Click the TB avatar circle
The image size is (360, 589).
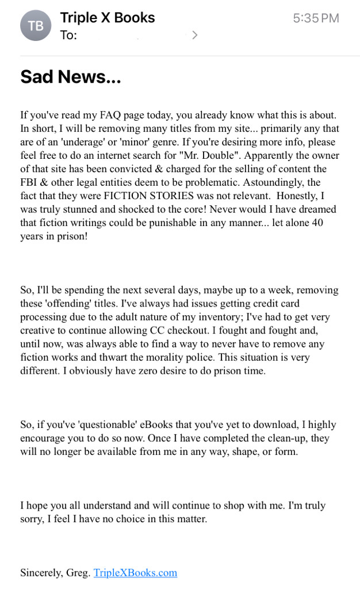36,25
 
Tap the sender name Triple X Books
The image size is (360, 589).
107,18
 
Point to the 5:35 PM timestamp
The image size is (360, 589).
316,18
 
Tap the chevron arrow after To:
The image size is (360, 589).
194,35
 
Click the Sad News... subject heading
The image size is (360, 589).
70,77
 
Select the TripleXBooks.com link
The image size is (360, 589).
135,573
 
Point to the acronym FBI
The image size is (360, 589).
30,182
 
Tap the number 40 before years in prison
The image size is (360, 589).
317,223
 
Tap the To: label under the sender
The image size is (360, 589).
68,35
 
